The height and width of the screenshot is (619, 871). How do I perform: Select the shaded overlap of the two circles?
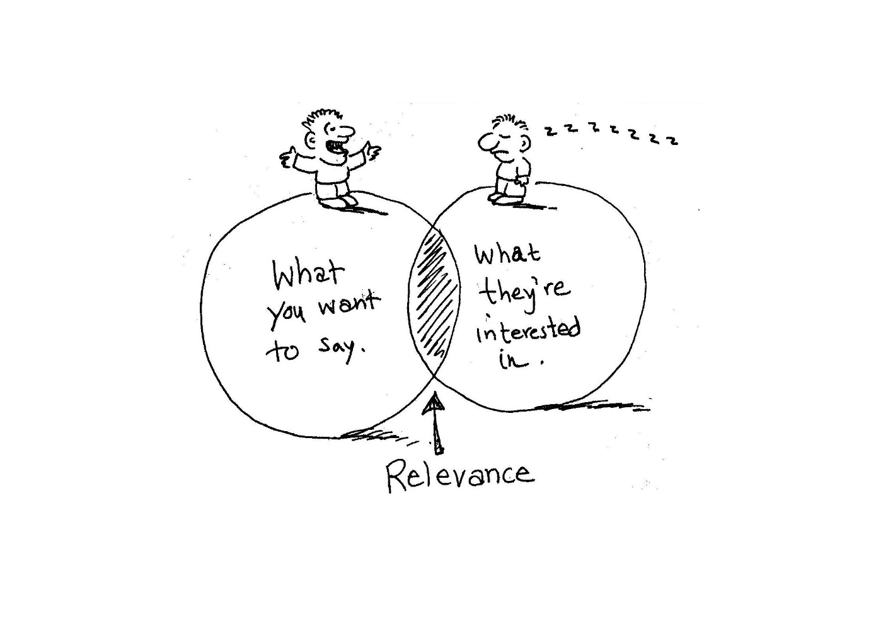(x=434, y=296)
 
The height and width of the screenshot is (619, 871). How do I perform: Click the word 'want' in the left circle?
(x=349, y=304)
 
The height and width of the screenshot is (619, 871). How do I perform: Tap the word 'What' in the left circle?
(x=308, y=274)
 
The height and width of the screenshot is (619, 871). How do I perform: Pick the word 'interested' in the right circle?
(x=528, y=330)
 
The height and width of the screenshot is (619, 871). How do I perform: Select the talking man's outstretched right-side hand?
(x=371, y=151)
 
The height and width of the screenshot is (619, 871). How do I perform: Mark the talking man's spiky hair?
(x=324, y=117)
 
